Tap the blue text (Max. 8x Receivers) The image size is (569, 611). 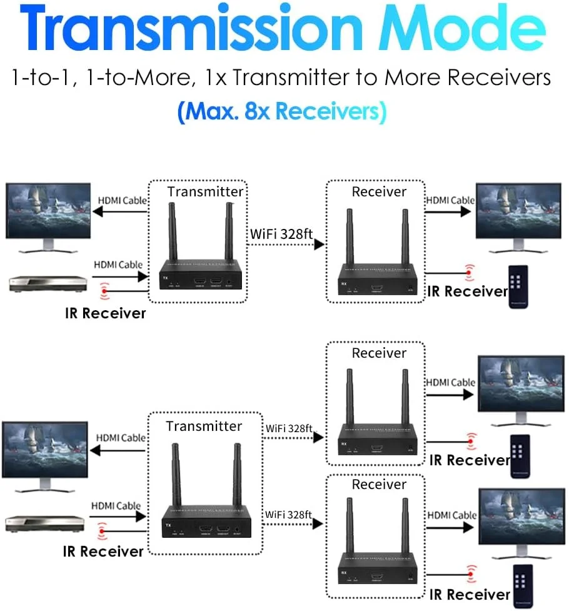pos(282,112)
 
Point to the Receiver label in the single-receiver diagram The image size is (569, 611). pos(379,191)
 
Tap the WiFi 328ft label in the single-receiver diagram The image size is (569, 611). pos(281,235)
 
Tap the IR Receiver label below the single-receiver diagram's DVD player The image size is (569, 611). pos(105,313)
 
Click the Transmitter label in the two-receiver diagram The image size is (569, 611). pos(204,426)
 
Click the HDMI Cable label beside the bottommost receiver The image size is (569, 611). pos(451,515)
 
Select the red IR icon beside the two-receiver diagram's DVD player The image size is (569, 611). pos(103,532)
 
